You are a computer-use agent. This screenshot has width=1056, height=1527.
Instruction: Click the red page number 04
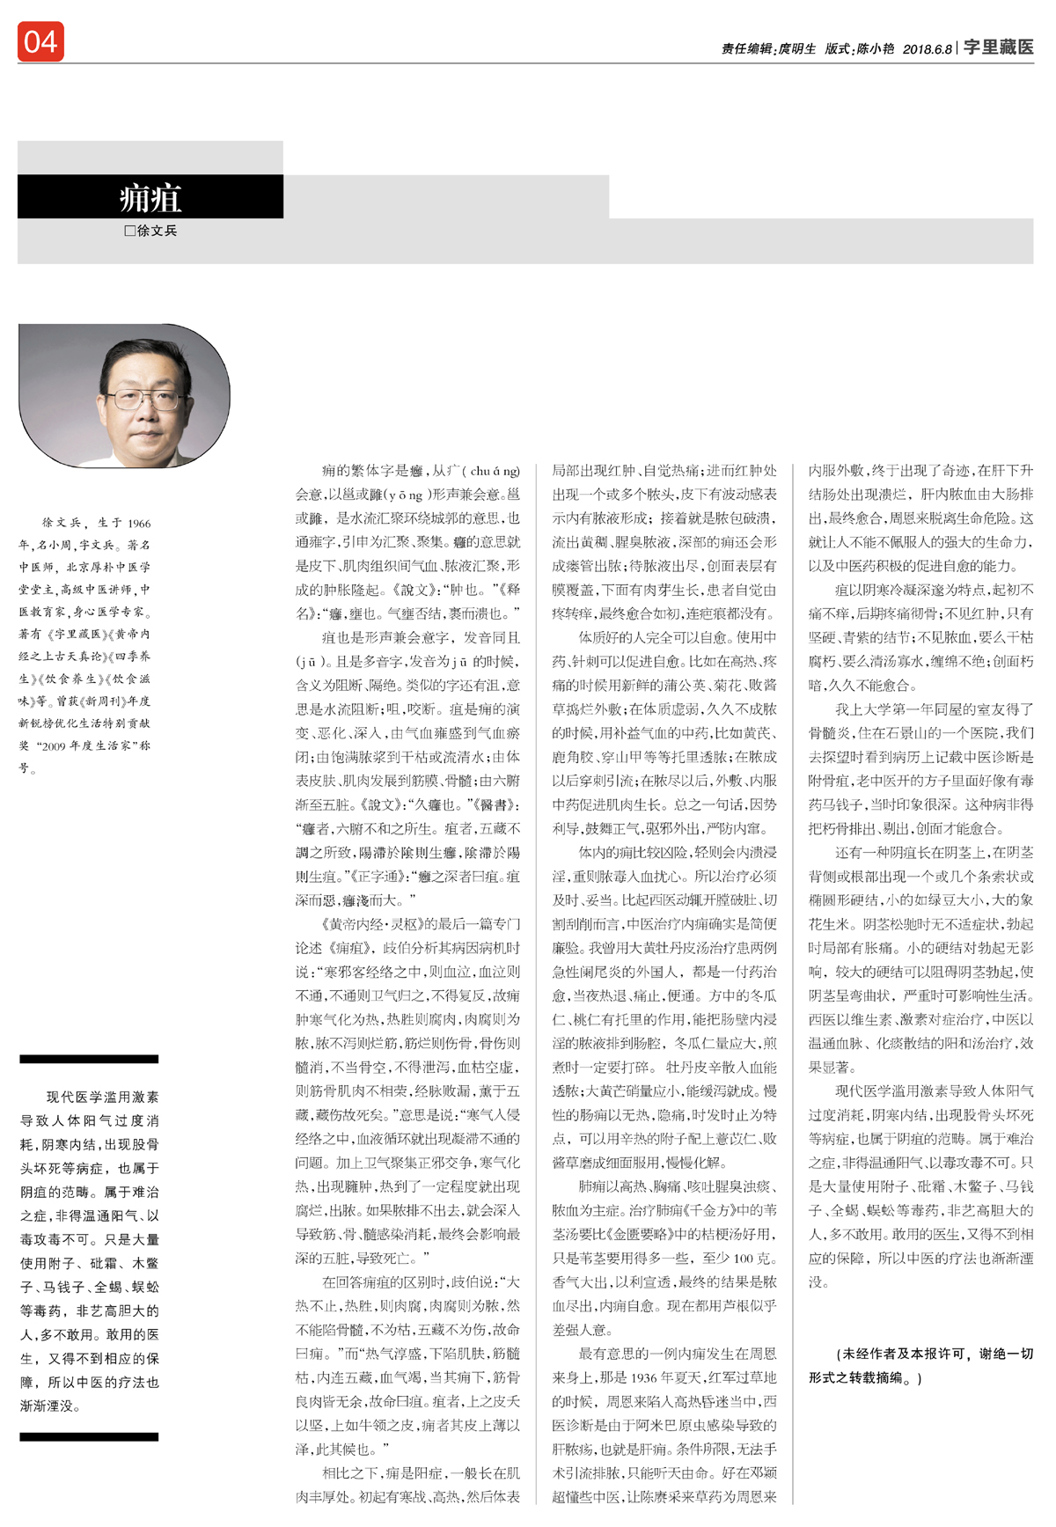[40, 42]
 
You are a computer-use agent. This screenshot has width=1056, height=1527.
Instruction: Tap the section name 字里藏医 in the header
[998, 48]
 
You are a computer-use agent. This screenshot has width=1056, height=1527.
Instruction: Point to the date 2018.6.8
[927, 49]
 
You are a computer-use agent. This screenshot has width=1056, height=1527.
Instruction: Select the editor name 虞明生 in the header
[797, 49]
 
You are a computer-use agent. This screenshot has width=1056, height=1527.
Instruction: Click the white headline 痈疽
[150, 198]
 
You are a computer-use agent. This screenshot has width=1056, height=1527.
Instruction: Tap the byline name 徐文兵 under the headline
[158, 231]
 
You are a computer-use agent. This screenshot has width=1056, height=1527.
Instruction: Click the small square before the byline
[130, 231]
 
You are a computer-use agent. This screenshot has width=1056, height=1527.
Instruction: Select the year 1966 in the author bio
[139, 524]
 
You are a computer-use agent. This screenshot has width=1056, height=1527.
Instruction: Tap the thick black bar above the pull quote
[89, 1059]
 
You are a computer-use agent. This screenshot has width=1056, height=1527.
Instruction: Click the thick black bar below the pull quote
[89, 1437]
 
